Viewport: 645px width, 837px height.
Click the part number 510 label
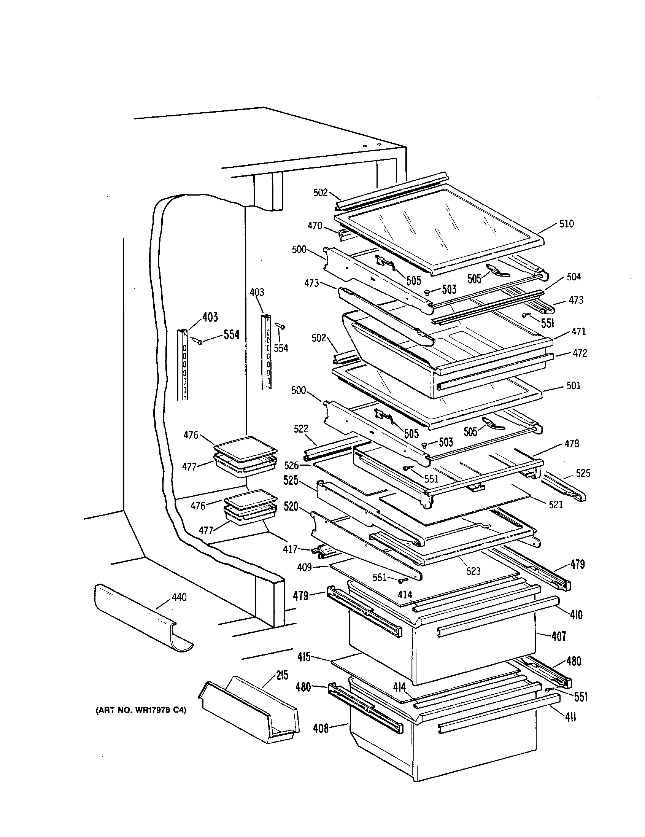pos(567,224)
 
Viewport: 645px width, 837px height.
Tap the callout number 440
pos(179,597)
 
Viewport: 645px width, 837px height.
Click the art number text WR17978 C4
pos(140,710)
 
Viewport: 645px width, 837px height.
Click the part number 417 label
pos(290,549)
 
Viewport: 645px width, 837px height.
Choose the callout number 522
pos(301,429)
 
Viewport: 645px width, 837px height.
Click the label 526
pos(291,465)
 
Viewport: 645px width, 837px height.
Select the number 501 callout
pos(574,385)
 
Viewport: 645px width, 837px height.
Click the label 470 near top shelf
pos(315,226)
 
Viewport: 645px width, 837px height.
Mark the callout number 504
pos(574,277)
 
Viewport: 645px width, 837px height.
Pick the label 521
pos(556,505)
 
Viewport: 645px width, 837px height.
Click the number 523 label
pos(473,571)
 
